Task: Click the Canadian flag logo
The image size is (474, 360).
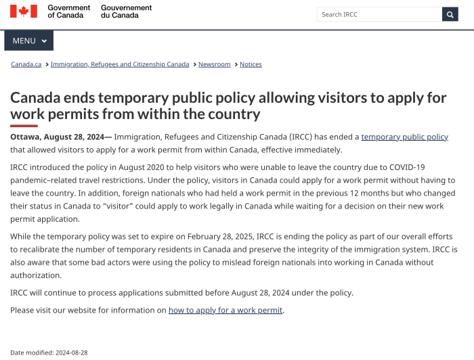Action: pos(24,12)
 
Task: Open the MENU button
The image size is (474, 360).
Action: pos(29,41)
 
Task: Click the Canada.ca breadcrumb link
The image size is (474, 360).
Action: pos(26,64)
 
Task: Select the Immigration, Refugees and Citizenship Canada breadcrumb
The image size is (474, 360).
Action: pos(120,64)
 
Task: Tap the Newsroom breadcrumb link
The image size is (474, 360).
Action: pos(214,64)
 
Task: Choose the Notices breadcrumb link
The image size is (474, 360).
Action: pos(251,64)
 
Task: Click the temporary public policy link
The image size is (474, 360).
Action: pos(404,137)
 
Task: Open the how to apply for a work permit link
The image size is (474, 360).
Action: pos(225,310)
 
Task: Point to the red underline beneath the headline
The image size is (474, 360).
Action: pos(24,125)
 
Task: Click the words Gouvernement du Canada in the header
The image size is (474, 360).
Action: pos(126,12)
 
